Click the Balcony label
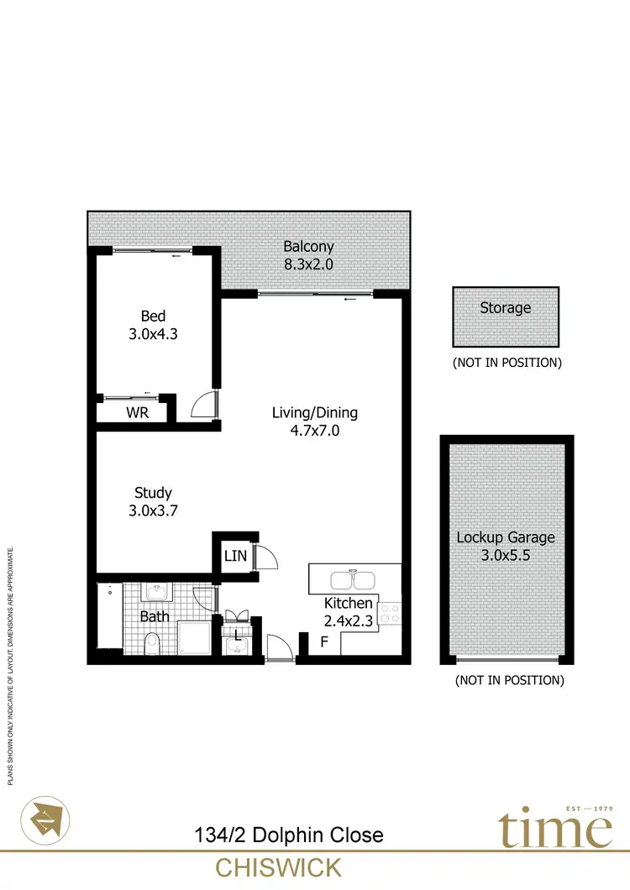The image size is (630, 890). pyautogui.click(x=308, y=247)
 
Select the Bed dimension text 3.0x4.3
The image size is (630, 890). pyautogui.click(x=152, y=333)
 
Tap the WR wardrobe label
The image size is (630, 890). pyautogui.click(x=137, y=413)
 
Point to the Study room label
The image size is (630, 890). pyautogui.click(x=153, y=493)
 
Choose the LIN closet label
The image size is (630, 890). pyautogui.click(x=234, y=555)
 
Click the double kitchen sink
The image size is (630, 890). pyautogui.click(x=353, y=580)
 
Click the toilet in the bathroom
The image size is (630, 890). pyautogui.click(x=152, y=644)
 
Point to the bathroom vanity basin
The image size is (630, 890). pyautogui.click(x=157, y=593)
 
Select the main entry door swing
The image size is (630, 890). pyautogui.click(x=278, y=647)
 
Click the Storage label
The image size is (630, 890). pyautogui.click(x=505, y=308)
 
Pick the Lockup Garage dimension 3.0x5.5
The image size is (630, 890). pyautogui.click(x=506, y=555)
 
